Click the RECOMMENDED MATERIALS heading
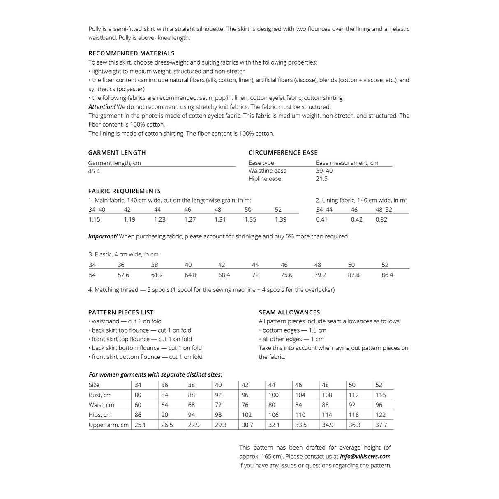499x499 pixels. [x=131, y=53]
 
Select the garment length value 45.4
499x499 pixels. [x=94, y=171]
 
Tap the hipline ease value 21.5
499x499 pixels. [x=322, y=179]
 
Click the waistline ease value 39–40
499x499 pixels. [x=324, y=171]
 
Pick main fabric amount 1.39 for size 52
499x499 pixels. [x=280, y=219]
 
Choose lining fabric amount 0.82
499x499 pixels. [x=381, y=219]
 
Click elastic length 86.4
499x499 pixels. [x=387, y=275]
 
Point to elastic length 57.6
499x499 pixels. [x=123, y=275]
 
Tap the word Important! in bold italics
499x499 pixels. [x=103, y=236]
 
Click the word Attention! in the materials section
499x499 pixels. [x=102, y=107]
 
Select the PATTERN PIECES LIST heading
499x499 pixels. [x=121, y=312]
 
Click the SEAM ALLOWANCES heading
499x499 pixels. [x=289, y=312]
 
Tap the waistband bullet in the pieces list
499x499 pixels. [x=126, y=321]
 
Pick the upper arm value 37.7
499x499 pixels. [x=381, y=425]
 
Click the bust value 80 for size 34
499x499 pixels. [x=138, y=395]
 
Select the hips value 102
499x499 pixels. [x=247, y=415]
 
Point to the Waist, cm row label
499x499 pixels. [x=102, y=405]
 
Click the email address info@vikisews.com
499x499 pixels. [x=365, y=456]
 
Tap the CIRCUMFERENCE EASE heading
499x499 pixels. [x=283, y=153]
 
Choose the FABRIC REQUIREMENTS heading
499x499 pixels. [x=124, y=191]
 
